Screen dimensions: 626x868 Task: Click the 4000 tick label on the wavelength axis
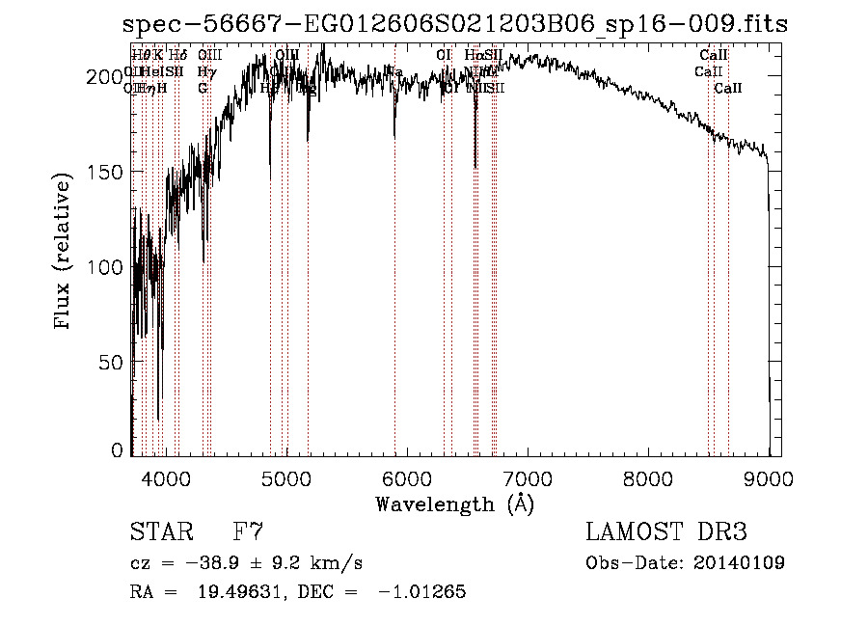pyautogui.click(x=165, y=476)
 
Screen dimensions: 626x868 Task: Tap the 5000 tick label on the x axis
pyautogui.click(x=285, y=476)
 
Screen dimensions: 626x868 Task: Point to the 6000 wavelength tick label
pyautogui.click(x=407, y=476)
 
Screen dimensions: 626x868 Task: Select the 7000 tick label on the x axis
pyautogui.click(x=528, y=476)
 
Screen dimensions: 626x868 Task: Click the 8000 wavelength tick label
pyautogui.click(x=648, y=476)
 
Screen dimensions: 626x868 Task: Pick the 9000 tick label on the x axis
pyautogui.click(x=769, y=476)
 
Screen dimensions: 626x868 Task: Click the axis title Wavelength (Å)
pyautogui.click(x=454, y=504)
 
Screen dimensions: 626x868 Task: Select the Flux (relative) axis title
pyautogui.click(x=64, y=253)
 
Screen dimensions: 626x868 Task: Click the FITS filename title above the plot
pyautogui.click(x=454, y=24)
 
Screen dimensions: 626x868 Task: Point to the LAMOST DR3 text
pyautogui.click(x=666, y=532)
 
